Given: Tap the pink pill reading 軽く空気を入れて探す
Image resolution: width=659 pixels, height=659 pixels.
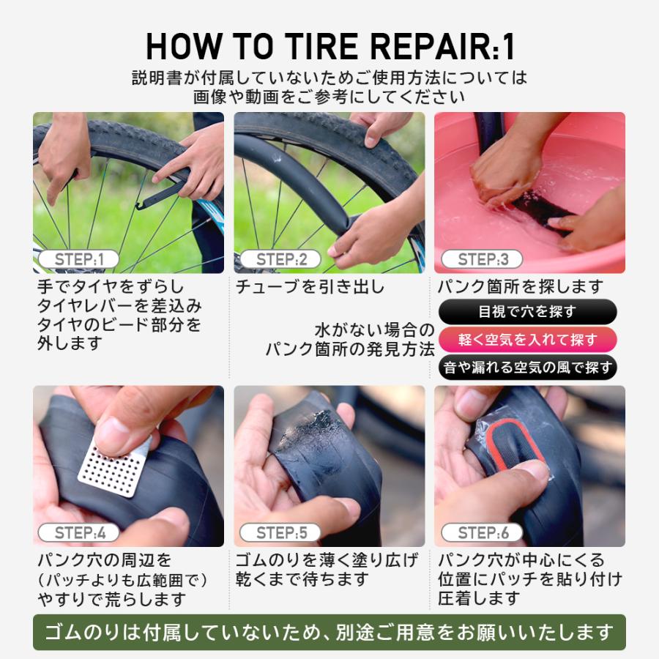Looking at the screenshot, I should pos(527,340).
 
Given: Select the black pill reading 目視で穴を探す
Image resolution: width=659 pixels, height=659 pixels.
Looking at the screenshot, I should pos(527,312).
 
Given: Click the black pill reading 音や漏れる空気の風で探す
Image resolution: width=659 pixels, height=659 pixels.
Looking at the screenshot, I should pos(527,368).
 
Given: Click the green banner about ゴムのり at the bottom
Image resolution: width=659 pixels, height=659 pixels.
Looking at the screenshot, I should pos(329,632).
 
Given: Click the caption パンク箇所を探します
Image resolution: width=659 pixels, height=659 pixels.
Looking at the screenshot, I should pos(520,287).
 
